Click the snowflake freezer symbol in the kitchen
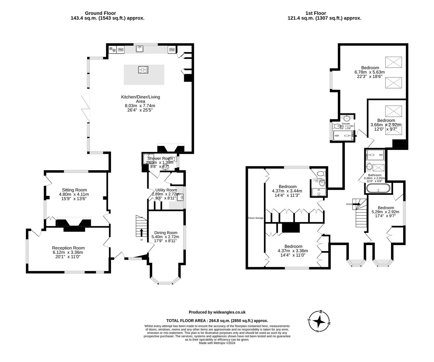(112, 50)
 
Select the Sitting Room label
(74, 190)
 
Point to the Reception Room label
(68, 248)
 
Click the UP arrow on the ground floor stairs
(141, 232)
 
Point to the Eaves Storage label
(256, 218)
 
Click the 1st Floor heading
(324, 13)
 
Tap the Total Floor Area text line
(217, 320)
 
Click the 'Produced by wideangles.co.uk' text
(217, 312)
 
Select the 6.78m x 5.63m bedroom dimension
(370, 72)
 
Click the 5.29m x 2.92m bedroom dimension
(385, 212)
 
